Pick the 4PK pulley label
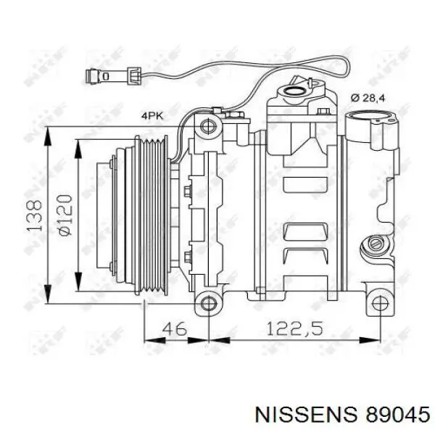click(153, 115)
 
